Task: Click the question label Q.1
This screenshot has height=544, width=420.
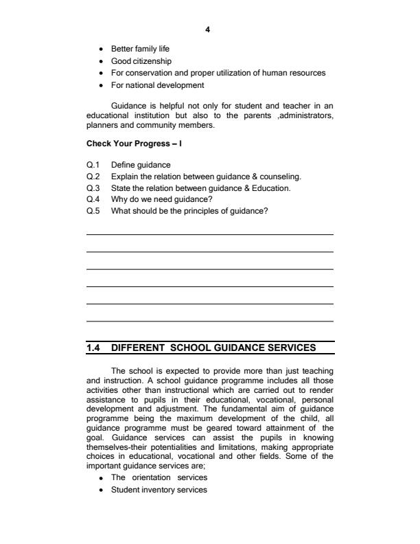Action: [93, 165]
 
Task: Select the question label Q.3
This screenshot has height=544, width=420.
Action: [93, 188]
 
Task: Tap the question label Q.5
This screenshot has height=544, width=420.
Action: [93, 211]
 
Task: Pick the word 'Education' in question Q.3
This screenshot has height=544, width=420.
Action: [272, 188]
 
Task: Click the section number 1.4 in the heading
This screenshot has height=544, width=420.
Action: [94, 347]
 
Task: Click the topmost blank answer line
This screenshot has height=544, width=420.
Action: [209, 235]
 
